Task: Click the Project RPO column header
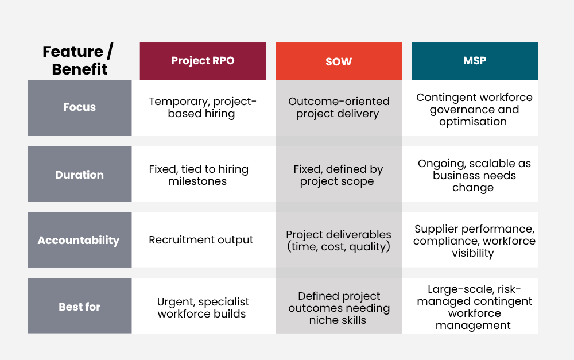point(203,61)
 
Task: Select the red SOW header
point(339,61)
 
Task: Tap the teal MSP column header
point(475,61)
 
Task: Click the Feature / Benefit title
point(79,60)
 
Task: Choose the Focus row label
point(79,108)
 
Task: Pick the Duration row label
point(79,174)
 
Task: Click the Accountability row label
point(79,240)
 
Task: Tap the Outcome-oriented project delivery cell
point(339,108)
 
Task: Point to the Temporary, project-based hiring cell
point(203,108)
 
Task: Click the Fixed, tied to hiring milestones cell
point(203,174)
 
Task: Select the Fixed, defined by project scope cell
point(339,174)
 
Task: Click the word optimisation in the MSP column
point(473,122)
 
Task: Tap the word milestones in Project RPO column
point(197,181)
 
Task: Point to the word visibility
point(472,253)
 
